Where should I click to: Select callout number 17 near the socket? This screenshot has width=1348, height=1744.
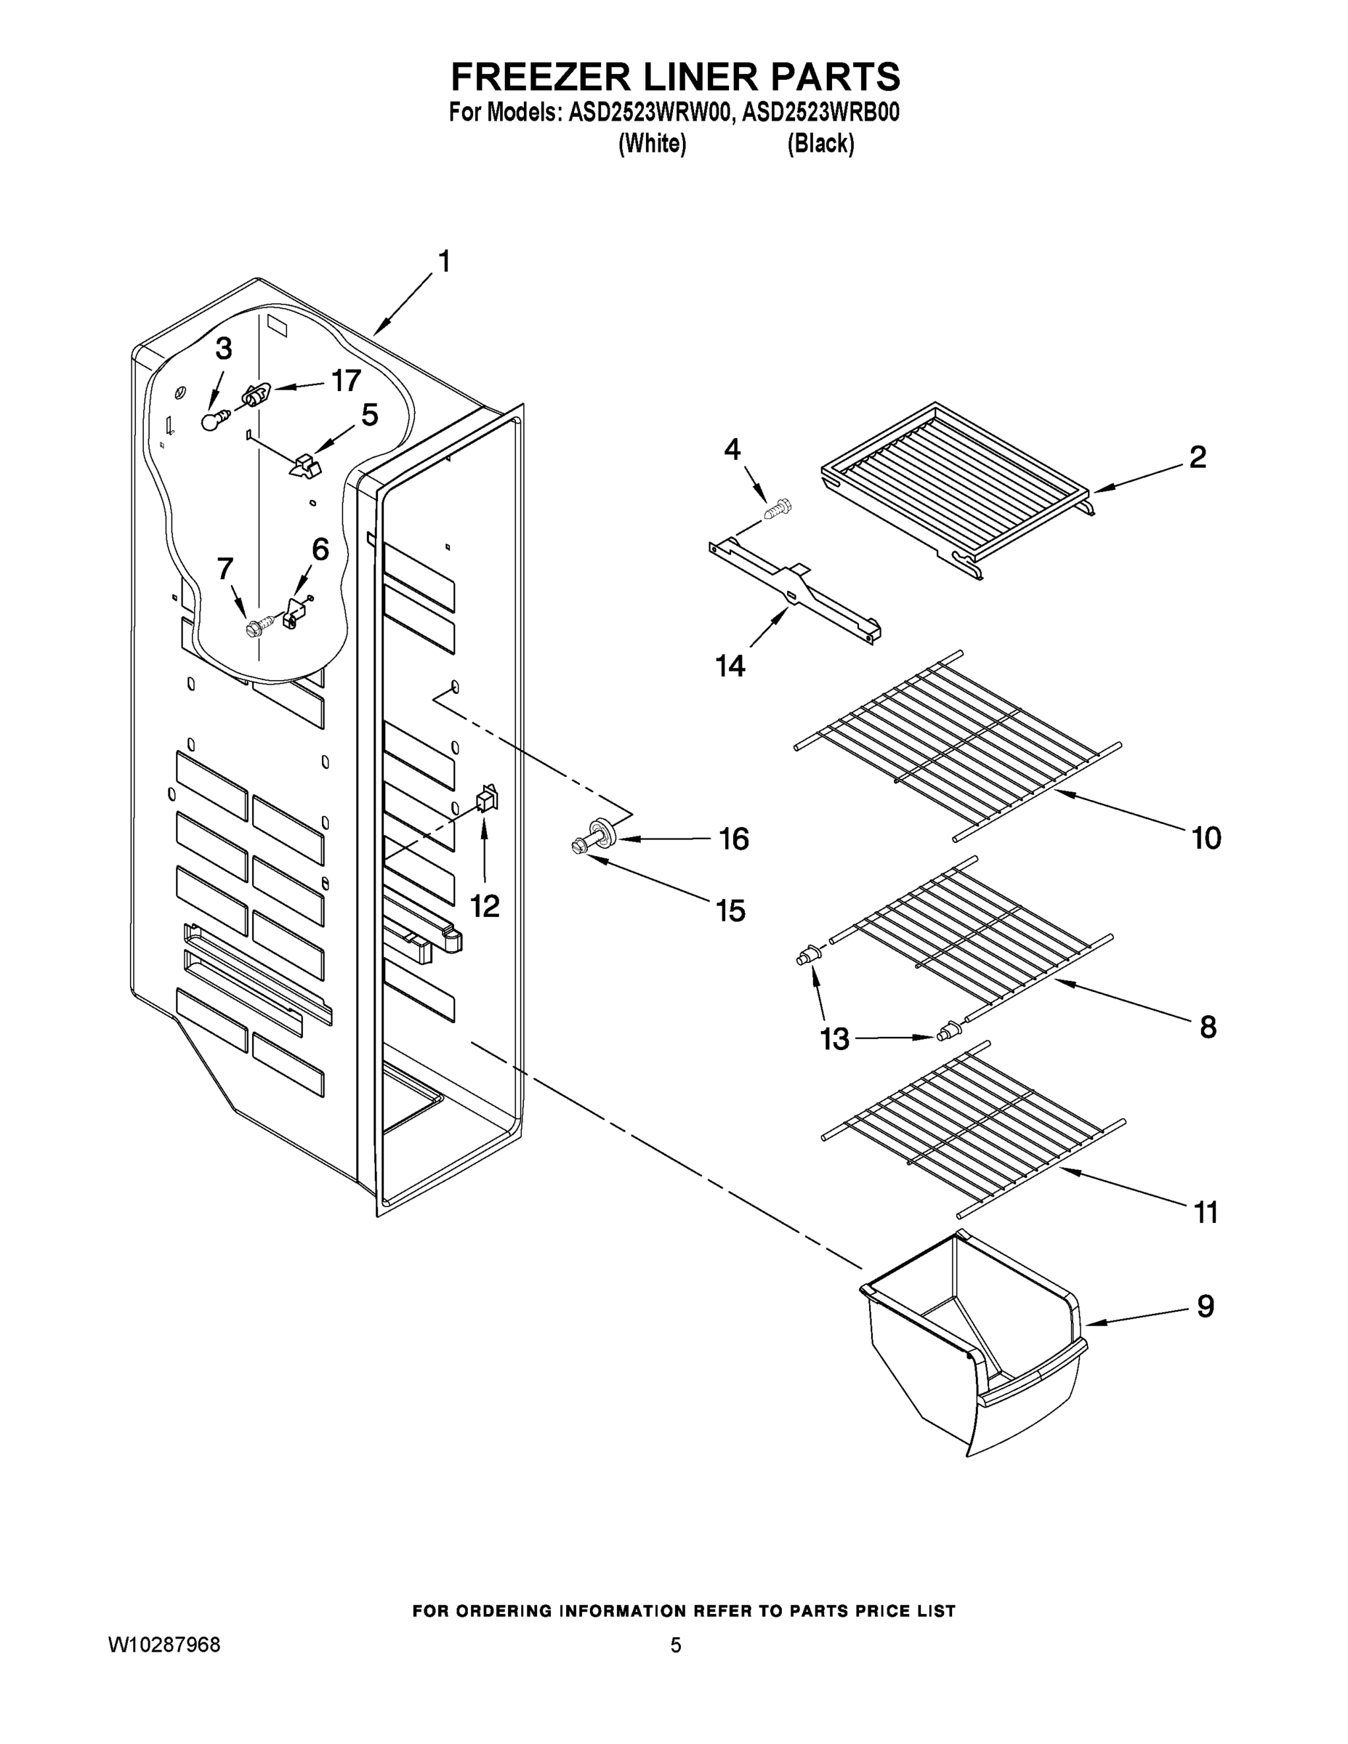point(346,381)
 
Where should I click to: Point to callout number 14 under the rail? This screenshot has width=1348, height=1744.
point(730,665)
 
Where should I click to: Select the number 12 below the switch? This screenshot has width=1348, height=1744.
point(484,905)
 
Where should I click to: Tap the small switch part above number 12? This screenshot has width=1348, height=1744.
point(486,799)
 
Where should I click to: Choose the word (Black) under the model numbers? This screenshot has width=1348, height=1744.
point(820,144)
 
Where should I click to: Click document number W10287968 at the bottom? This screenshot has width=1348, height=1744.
point(164,1645)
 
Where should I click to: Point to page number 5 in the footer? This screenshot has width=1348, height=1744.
point(675,1645)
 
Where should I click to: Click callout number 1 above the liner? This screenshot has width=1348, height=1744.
point(444,261)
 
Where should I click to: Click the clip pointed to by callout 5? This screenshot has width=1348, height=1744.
point(304,466)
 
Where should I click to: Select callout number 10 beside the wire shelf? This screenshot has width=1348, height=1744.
point(1206,839)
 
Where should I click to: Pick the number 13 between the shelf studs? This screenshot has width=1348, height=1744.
point(834,1040)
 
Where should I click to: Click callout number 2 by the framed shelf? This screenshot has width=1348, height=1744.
point(1197,458)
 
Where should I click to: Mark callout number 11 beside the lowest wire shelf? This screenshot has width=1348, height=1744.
point(1205,1212)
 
